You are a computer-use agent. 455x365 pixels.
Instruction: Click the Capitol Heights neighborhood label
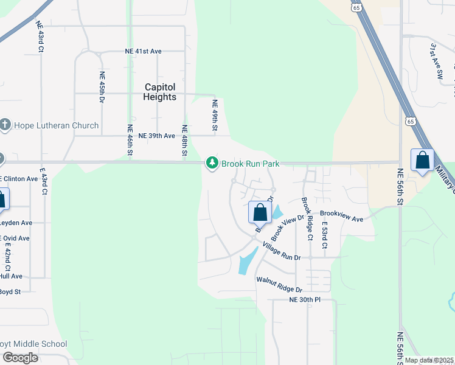(x=159, y=92)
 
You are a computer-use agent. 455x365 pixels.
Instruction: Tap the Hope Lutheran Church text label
(x=55, y=125)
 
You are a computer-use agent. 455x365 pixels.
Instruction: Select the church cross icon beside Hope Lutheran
(x=5, y=125)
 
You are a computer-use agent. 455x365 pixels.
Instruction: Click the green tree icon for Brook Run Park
(x=212, y=163)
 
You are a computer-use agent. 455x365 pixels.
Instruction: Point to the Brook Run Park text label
(x=250, y=164)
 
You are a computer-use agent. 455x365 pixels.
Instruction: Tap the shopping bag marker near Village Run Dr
(x=260, y=213)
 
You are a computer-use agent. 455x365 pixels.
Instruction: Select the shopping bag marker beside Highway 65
(x=422, y=161)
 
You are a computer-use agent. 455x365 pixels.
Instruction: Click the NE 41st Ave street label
(x=144, y=52)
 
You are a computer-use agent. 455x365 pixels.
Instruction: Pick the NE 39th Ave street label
(x=157, y=136)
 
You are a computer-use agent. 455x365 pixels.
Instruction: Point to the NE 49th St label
(x=215, y=116)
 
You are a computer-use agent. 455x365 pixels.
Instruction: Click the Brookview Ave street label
(x=341, y=215)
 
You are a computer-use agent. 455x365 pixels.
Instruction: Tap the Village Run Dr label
(x=282, y=251)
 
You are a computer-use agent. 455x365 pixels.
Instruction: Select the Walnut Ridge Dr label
(x=279, y=284)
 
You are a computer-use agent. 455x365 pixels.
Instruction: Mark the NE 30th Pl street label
(x=305, y=300)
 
